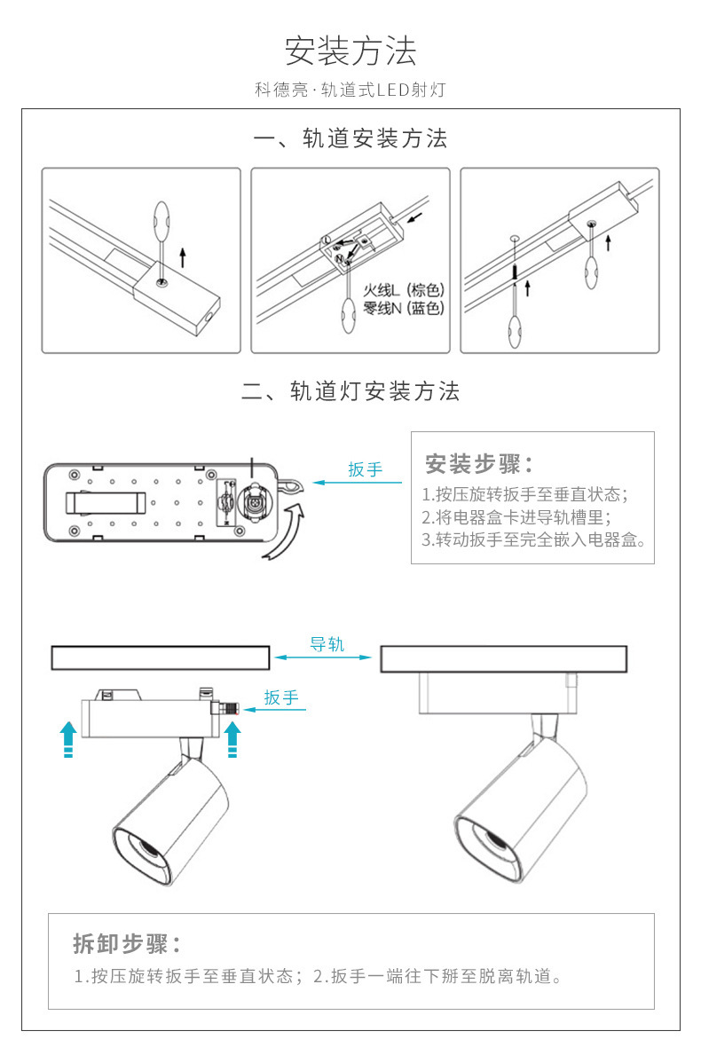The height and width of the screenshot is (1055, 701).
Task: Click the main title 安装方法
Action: (x=350, y=51)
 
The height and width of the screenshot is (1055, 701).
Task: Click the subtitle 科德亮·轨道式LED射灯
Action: (x=350, y=90)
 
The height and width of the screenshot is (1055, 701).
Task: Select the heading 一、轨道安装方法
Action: (x=350, y=138)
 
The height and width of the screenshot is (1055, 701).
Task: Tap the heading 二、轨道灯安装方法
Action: (x=350, y=391)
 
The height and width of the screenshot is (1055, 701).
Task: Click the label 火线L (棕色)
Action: (x=404, y=290)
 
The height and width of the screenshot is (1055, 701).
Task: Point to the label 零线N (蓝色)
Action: (x=404, y=308)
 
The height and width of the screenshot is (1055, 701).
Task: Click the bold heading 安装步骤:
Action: (x=479, y=463)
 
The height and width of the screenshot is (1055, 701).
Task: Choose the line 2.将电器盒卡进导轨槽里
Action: (x=516, y=517)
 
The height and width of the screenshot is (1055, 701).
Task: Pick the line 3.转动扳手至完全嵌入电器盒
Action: (x=532, y=539)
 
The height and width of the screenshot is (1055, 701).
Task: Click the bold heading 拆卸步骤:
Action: (x=127, y=942)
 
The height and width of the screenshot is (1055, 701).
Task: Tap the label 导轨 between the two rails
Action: (x=327, y=645)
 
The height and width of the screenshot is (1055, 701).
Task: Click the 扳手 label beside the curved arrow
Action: (x=365, y=469)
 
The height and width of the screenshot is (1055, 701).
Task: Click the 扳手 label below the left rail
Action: (x=281, y=698)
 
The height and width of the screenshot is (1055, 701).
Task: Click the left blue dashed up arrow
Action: (x=67, y=739)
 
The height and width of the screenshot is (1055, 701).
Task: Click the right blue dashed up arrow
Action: (x=232, y=739)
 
